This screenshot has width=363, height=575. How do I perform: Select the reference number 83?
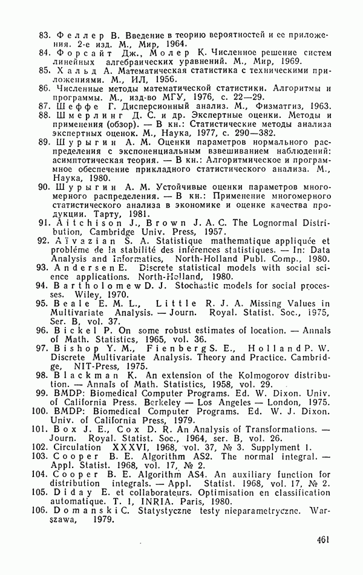click(x=44, y=36)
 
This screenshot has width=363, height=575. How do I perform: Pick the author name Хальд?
click(x=74, y=71)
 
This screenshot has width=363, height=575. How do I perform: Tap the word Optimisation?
click(x=228, y=492)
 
